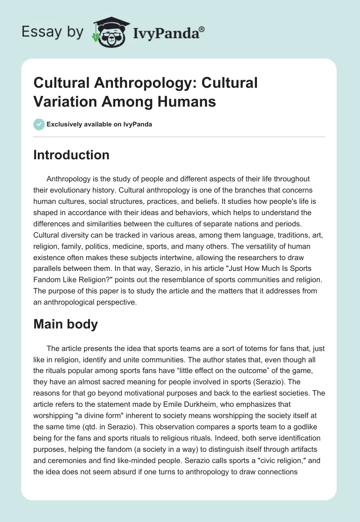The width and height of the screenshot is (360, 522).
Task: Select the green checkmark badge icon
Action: pos(39,124)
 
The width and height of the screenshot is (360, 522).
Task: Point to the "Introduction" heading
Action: pos(72,155)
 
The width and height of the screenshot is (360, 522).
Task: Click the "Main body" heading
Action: pos(66,324)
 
